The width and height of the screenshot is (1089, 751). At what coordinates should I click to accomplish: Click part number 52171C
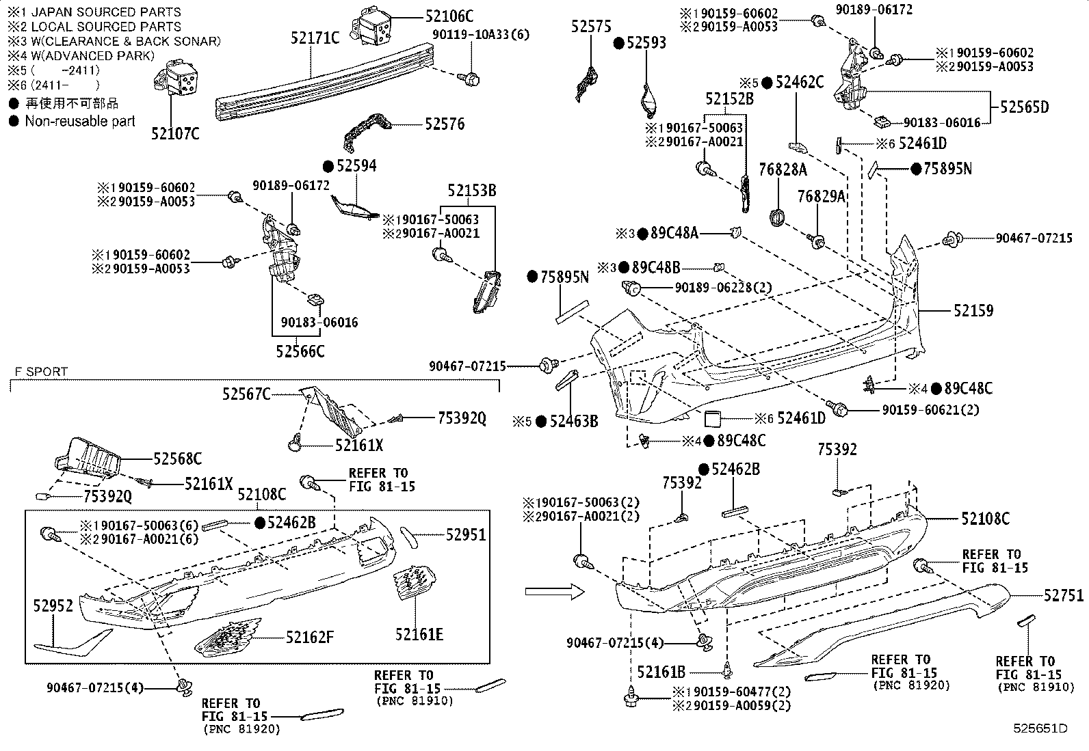pos(315,37)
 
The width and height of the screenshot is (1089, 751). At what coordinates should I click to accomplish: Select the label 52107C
pos(175,133)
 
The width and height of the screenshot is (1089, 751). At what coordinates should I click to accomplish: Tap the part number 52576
pos(444,124)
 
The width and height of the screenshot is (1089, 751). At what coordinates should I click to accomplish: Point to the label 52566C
pos(300,351)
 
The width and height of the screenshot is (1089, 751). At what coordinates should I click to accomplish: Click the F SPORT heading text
pos(41,372)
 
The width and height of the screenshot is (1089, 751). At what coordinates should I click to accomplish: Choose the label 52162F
pos(310,638)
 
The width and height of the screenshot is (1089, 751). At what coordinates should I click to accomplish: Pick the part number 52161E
pos(419,635)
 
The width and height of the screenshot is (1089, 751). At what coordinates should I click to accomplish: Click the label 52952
pos(53,605)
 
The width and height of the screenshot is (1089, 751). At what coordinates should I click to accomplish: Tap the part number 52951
pos(466,534)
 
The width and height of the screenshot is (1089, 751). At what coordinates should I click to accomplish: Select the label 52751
pos(1064,596)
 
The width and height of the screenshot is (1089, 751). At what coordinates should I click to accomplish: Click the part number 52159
pos(973,311)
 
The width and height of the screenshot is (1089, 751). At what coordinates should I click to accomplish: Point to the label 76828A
pos(783,169)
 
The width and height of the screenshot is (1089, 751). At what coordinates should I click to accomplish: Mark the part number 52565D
pos(1024,107)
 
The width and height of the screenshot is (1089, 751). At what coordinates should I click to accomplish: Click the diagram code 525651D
pos(1040,728)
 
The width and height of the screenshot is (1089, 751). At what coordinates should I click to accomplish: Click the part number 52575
pos(592,26)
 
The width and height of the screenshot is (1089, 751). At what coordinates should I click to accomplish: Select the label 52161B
pos(661,672)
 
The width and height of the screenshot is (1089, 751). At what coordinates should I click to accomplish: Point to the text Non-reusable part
pos(80,121)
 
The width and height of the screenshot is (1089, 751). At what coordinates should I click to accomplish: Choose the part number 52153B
pos(472,190)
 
